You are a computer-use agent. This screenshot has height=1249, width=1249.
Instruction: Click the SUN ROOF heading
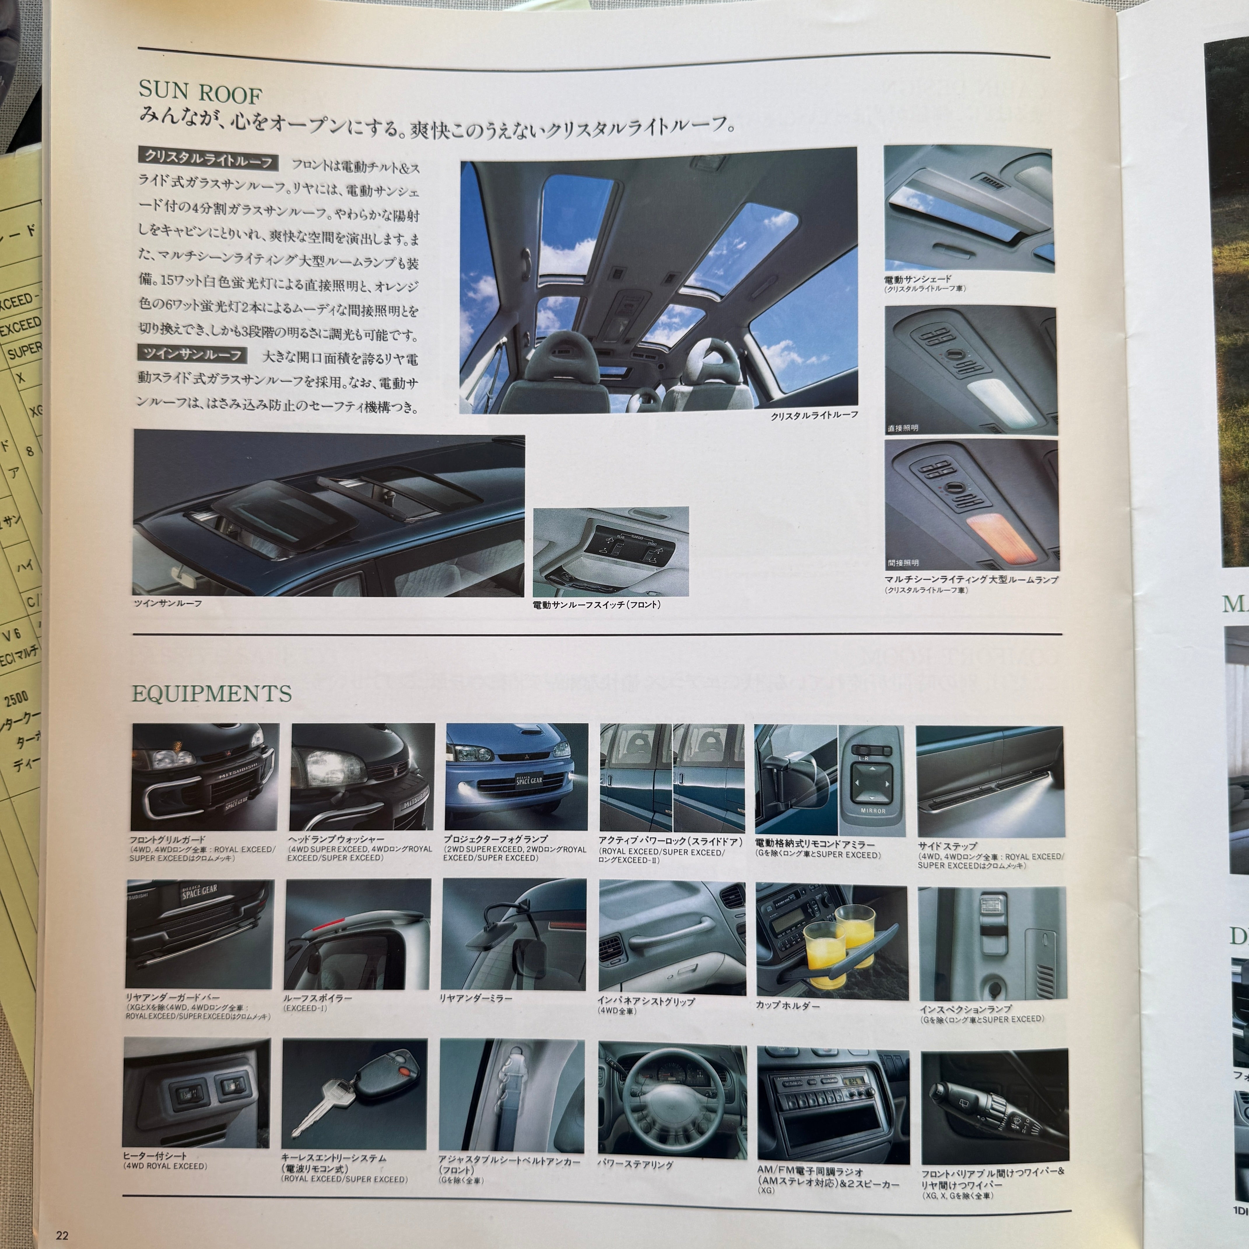tap(200, 93)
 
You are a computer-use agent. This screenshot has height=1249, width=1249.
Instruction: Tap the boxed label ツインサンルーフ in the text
tap(192, 354)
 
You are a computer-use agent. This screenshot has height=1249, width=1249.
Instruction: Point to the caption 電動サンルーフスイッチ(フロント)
tap(596, 604)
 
